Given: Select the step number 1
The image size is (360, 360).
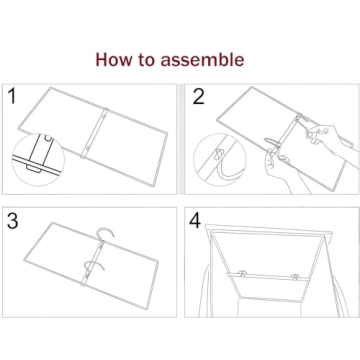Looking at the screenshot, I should point(13,98).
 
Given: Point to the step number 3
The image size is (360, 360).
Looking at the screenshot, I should point(13,221).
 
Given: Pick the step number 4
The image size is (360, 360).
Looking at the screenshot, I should point(197,221).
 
